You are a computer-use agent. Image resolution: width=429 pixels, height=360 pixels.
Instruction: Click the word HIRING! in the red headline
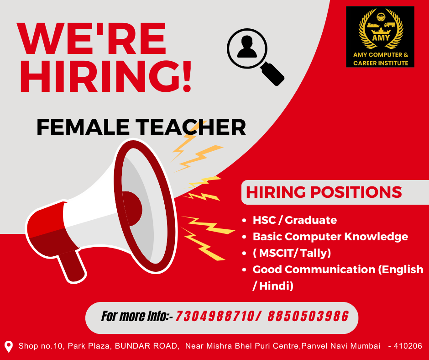[105, 76]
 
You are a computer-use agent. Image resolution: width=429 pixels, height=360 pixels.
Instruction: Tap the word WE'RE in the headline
[91, 38]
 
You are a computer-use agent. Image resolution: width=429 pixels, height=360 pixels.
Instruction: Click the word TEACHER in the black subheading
[191, 127]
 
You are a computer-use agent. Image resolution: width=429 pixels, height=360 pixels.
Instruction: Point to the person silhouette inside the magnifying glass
[247, 47]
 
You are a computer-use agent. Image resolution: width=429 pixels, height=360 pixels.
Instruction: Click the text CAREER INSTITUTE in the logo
[381, 63]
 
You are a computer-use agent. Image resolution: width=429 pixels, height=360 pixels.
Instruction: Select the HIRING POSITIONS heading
[324, 192]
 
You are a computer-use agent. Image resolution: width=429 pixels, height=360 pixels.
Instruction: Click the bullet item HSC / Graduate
[295, 220]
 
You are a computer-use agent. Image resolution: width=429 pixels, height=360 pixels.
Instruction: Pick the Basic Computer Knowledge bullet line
[330, 237]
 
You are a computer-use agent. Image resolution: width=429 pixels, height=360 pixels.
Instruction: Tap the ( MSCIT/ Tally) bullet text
[292, 253]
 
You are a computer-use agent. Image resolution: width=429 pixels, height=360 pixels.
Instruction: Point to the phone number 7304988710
[214, 317]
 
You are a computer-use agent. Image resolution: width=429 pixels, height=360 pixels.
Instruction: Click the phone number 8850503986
[308, 317]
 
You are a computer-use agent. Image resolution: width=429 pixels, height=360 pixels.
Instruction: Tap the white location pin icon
[9, 347]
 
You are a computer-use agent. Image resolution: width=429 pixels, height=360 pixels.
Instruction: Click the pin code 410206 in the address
[408, 346]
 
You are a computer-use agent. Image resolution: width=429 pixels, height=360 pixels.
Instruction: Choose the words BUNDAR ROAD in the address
[146, 346]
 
